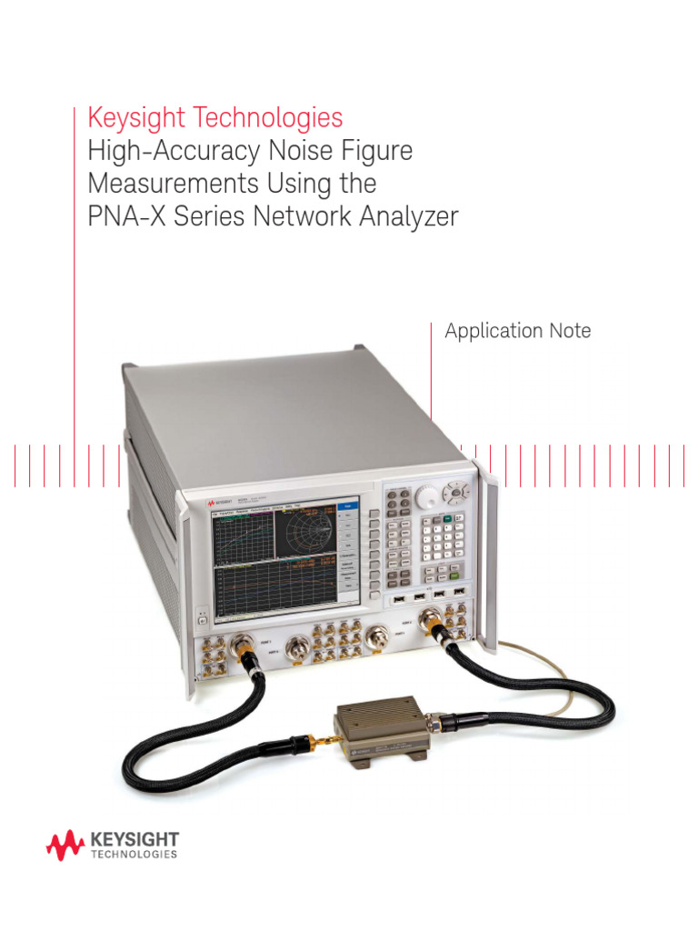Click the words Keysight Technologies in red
(x=214, y=117)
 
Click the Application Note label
(x=517, y=331)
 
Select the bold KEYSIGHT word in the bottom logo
(x=135, y=839)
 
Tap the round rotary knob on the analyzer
(x=424, y=496)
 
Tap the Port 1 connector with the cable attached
(x=244, y=646)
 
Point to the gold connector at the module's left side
(x=311, y=739)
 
